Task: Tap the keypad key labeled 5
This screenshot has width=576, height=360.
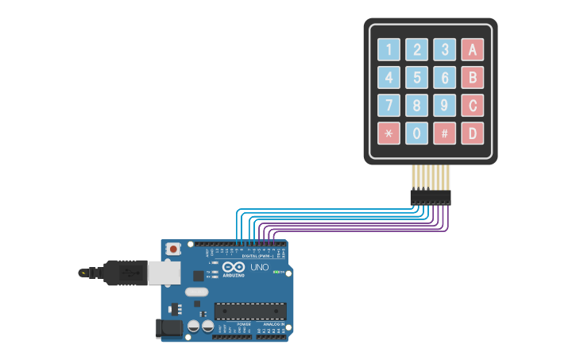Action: pos(416,77)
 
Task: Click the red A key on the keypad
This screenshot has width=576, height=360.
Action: pos(472,49)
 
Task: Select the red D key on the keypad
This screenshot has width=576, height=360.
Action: pos(472,133)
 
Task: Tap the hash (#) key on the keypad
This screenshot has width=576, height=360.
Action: pos(444,133)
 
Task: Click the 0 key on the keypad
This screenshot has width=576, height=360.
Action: pos(416,133)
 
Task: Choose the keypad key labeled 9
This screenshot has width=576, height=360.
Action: pos(444,105)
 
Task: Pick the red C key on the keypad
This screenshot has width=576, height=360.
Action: pos(472,105)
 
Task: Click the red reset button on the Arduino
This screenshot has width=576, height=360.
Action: pos(173,249)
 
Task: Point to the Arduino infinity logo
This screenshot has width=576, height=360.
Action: pos(232,267)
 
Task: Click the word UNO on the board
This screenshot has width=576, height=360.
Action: pos(260,267)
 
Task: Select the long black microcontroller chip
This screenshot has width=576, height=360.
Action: pos(249,311)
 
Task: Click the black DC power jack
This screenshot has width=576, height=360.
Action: pos(168,327)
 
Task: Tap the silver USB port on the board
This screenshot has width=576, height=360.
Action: pos(164,273)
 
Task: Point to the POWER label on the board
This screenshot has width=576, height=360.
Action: pos(244,324)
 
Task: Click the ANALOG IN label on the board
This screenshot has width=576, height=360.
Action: pos(275,324)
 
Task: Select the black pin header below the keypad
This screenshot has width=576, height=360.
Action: pos(430,197)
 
